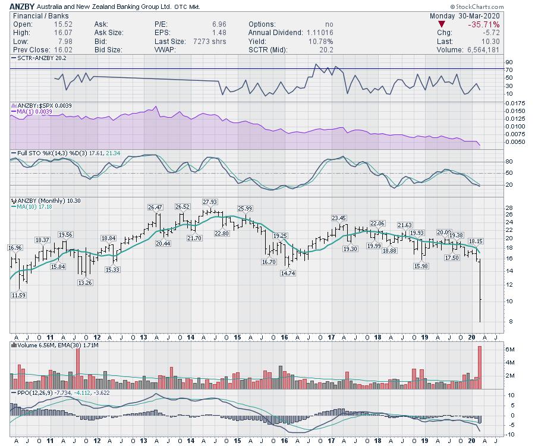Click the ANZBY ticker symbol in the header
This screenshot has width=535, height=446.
click(22, 7)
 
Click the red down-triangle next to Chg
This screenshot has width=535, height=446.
click(441, 24)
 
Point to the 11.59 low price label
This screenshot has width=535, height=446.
click(18, 295)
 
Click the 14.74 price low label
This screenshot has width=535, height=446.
click(288, 274)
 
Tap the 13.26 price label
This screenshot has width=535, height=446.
click(85, 282)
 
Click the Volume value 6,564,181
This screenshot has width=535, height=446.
click(480, 50)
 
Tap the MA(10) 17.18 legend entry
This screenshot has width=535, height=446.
click(29, 207)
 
